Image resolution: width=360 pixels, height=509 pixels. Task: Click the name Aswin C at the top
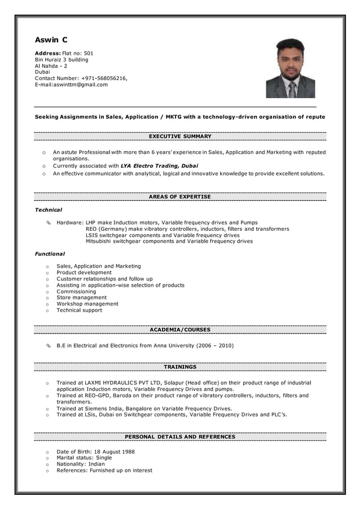tap(51, 40)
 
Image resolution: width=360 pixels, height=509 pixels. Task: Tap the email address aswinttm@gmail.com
tap(80, 85)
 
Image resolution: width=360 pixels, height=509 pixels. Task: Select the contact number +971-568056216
tap(104, 78)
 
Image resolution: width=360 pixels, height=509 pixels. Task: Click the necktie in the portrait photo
tap(292, 89)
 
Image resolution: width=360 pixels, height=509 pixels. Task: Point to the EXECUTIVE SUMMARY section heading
tap(180, 137)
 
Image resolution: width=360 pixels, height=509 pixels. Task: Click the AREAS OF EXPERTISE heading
tap(180, 197)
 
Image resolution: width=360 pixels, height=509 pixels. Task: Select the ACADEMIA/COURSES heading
tap(180, 330)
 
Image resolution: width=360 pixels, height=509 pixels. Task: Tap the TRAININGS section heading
tap(180, 367)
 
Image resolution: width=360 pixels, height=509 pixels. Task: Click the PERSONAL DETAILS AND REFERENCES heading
tap(180, 437)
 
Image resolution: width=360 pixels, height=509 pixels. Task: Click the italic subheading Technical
tap(49, 210)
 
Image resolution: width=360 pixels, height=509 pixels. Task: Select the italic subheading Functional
tap(50, 254)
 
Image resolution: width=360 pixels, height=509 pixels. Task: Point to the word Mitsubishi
tap(100, 241)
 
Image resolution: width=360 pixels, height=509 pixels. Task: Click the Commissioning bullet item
tap(76, 291)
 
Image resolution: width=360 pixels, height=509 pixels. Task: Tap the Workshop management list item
tap(87, 304)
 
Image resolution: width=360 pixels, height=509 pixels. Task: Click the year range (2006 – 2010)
tap(215, 345)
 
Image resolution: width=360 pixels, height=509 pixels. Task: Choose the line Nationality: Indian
tap(81, 464)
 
